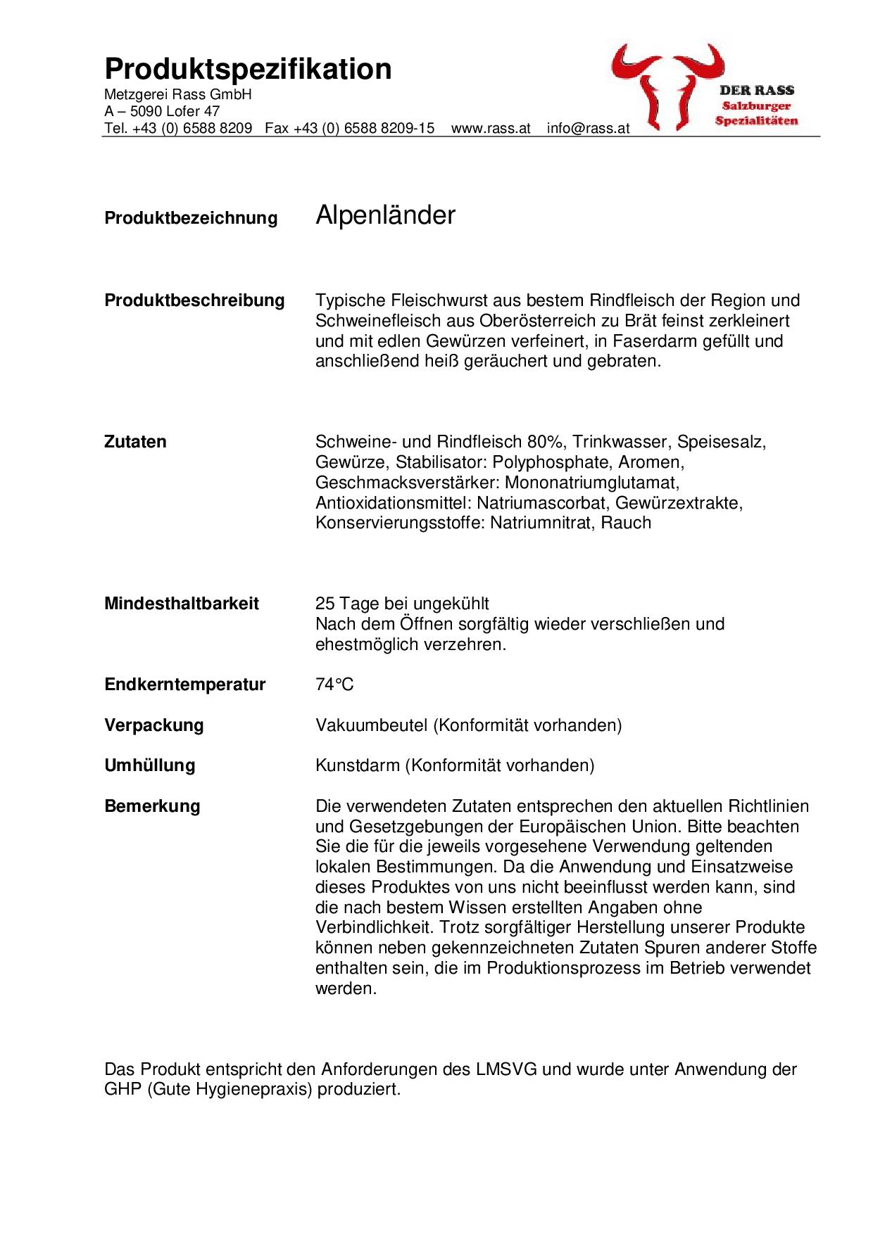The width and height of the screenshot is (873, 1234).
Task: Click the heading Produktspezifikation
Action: pos(248,70)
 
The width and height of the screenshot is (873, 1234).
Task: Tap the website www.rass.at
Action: pos(490,129)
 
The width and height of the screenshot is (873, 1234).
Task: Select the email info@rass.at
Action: pos(588,129)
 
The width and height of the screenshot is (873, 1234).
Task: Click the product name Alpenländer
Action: pos(385,215)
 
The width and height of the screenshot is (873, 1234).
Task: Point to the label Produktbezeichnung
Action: pos(191,218)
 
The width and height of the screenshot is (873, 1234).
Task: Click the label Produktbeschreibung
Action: pos(194,300)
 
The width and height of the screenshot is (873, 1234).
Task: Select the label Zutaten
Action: pos(135,442)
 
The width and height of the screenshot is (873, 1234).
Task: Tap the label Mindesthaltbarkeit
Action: pos(182,604)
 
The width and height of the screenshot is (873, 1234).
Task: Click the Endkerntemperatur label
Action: pos(184,685)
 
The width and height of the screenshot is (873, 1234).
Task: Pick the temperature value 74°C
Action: pos(334,685)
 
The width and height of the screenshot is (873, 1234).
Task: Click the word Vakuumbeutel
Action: pos(371,725)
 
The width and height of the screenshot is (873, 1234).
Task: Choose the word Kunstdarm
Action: pos(357,765)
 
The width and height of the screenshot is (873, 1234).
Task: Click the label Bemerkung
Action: pos(152,806)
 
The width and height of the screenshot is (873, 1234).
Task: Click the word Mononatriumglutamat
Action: pos(592,483)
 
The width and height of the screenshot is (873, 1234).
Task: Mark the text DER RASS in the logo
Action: pos(756,90)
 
